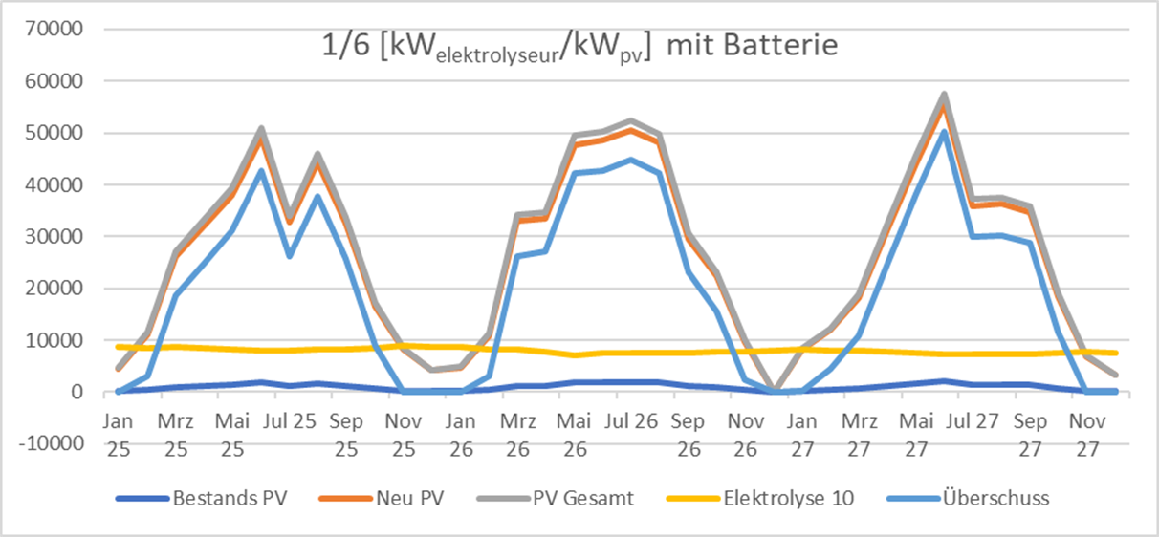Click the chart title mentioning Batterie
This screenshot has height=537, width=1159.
coord(579,46)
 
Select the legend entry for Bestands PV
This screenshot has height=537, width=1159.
coord(230,498)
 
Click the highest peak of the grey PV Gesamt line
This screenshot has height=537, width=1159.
coord(944,94)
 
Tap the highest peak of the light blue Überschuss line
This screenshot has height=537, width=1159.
coord(944,131)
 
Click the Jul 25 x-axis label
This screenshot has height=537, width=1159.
coord(290,419)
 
